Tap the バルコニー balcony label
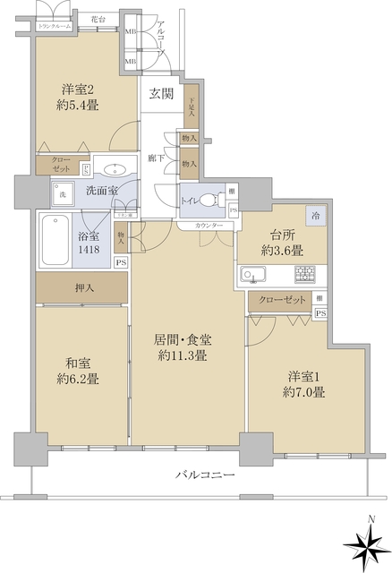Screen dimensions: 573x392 [204, 475]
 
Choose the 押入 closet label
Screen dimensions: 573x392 [81, 290]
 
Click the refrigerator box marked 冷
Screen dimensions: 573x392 [316, 215]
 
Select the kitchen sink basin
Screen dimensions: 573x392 [251, 273]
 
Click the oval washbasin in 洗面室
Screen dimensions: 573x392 [115, 169]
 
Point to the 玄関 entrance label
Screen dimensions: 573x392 [161, 94]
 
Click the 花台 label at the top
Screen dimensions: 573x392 [98, 19]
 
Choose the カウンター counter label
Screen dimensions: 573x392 [207, 224]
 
